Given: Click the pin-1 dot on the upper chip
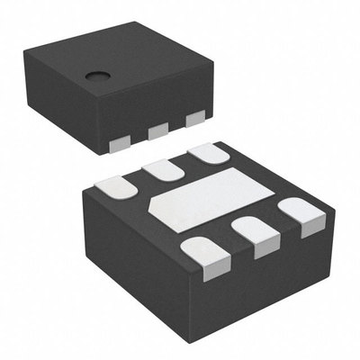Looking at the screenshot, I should click(x=93, y=76).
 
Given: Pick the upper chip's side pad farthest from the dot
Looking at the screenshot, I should click(x=194, y=118).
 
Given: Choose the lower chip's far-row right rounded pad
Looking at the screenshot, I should click(x=207, y=152).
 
